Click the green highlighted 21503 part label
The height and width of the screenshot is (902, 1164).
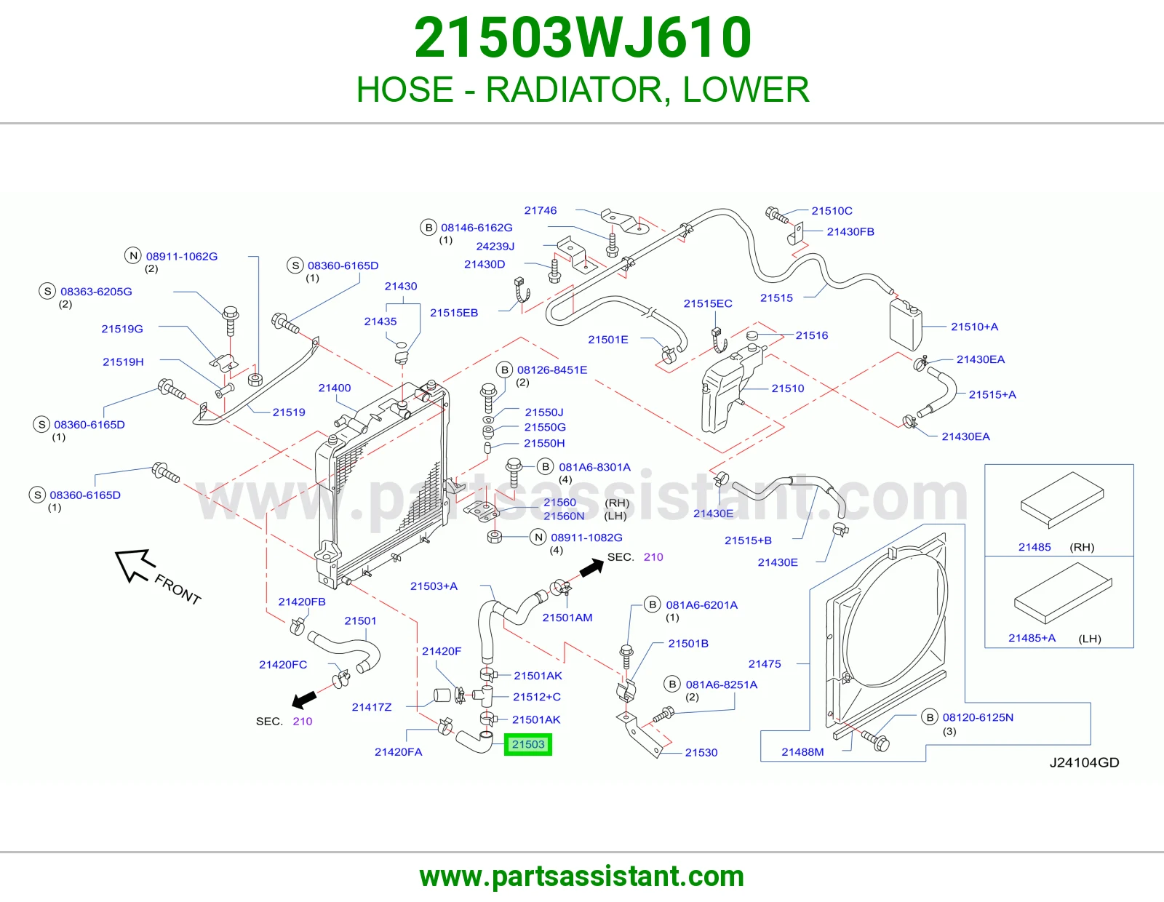pyautogui.click(x=527, y=744)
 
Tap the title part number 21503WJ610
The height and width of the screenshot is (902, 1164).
pyautogui.click(x=583, y=38)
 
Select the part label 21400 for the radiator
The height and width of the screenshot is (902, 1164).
pyautogui.click(x=334, y=388)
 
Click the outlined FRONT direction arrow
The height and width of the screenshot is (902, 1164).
pyautogui.click(x=135, y=564)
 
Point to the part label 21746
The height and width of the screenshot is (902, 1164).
pyautogui.click(x=540, y=210)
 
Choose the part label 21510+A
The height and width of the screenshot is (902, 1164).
pyautogui.click(x=974, y=327)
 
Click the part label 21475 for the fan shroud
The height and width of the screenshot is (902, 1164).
pyautogui.click(x=765, y=664)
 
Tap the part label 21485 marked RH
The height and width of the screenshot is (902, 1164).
pyautogui.click(x=1035, y=548)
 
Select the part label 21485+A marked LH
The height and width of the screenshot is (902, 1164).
pyautogui.click(x=1032, y=638)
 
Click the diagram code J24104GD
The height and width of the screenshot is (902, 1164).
pyautogui.click(x=1084, y=763)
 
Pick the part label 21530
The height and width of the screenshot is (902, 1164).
pyautogui.click(x=701, y=753)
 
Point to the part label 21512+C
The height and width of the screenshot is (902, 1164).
pyautogui.click(x=537, y=697)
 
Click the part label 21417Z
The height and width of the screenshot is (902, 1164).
pyautogui.click(x=372, y=707)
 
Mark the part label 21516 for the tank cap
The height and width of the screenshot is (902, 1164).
pyautogui.click(x=812, y=335)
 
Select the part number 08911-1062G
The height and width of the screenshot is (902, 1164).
pyautogui.click(x=182, y=257)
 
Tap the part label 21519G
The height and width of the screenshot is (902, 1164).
pyautogui.click(x=122, y=329)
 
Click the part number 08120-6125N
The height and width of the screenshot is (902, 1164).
pyautogui.click(x=978, y=718)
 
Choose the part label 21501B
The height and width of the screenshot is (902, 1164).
pyautogui.click(x=688, y=643)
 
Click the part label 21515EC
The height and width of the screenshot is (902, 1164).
pyautogui.click(x=708, y=304)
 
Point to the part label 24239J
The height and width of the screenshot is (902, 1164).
pyautogui.click(x=495, y=247)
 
